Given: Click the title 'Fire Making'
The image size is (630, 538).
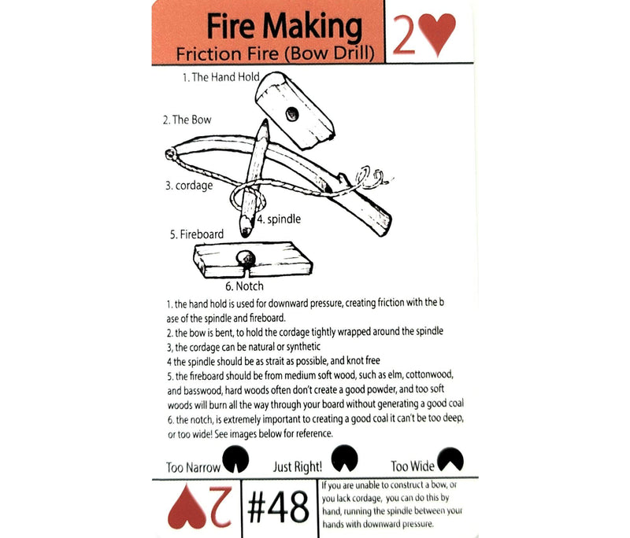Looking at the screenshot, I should coord(283,27).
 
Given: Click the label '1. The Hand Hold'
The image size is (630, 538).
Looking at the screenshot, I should coord(220,78).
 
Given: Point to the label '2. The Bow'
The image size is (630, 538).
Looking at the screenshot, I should coord(187,120).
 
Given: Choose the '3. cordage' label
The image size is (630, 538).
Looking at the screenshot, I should coord(190,186).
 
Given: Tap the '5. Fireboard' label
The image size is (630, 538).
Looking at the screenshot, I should coord(196,234).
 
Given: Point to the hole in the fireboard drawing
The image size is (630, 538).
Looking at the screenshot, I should coord(248,257).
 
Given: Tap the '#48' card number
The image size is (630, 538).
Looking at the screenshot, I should coord(277,508).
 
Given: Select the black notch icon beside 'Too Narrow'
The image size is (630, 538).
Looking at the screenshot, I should coord(234,457).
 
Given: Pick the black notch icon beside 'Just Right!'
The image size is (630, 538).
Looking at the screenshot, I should coord(343,456).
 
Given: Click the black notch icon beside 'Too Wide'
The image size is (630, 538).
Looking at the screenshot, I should coord(450,458).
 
